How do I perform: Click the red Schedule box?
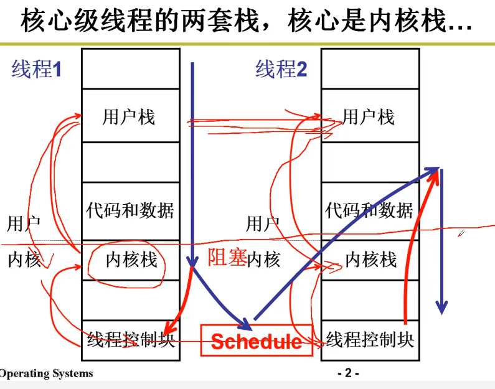[256, 340]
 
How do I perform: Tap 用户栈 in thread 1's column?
[129, 116]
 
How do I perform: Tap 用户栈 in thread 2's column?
[369, 116]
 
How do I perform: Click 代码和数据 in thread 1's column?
[130, 210]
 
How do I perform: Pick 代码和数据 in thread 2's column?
[369, 210]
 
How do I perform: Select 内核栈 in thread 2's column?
[371, 259]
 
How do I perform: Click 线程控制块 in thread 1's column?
[131, 339]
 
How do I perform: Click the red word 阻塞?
[227, 257]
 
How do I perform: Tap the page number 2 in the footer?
[348, 373]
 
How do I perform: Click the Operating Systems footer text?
[46, 373]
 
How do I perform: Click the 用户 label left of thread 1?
[24, 223]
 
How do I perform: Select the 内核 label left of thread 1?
[24, 259]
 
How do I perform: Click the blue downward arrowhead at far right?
[441, 307]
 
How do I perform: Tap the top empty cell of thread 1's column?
[131, 68]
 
